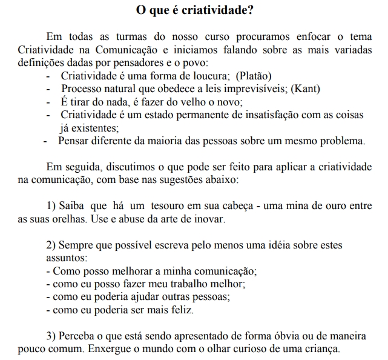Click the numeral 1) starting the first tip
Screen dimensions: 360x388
[x=51, y=207]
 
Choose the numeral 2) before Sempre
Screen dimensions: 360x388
[x=51, y=245]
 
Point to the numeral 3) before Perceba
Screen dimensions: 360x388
[x=51, y=336]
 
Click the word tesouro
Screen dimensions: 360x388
[x=160, y=207]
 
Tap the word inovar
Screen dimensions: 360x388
[x=210, y=219]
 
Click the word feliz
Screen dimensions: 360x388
[x=180, y=310]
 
